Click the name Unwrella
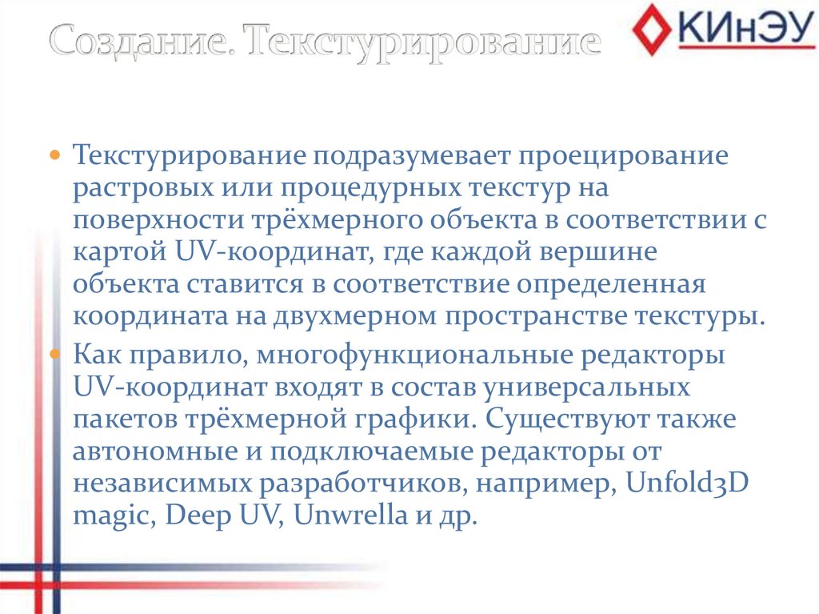pyautogui.click(x=351, y=516)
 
